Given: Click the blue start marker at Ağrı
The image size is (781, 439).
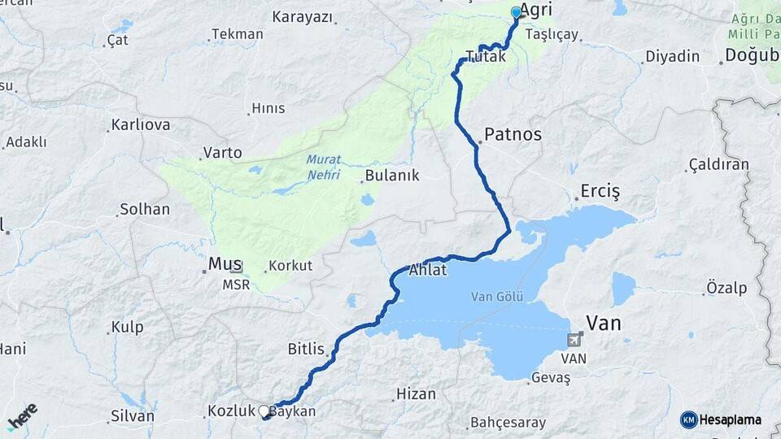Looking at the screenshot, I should tap(516, 12).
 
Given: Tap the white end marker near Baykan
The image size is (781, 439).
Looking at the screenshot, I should tap(264, 411).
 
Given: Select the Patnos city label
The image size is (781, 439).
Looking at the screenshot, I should tap(513, 134).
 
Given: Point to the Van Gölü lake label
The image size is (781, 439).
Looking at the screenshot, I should tap(496, 297).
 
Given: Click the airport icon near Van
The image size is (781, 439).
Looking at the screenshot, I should tap(576, 339).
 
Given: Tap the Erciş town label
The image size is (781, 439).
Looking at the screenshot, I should tap(600, 192).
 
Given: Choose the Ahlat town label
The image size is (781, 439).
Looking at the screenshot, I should tap(428, 270).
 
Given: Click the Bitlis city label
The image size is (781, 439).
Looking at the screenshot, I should tap(306, 350).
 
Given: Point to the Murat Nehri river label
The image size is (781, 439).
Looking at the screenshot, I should tap(324, 167).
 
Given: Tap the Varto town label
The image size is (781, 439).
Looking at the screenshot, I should tap(223, 152).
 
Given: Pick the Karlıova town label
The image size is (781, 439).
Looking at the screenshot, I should tap(141, 125).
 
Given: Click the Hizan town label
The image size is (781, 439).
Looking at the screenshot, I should tap(416, 393).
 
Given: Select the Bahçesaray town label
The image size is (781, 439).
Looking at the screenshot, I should tap(507, 423).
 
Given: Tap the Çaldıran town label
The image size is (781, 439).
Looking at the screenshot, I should tap(718, 164).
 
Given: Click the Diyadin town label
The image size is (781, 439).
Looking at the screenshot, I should tap(672, 56).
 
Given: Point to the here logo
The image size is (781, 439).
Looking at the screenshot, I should tap(22, 416).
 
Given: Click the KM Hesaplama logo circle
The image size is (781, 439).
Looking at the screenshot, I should tap(688, 419).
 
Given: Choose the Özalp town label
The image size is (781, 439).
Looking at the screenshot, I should tap(726, 288).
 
